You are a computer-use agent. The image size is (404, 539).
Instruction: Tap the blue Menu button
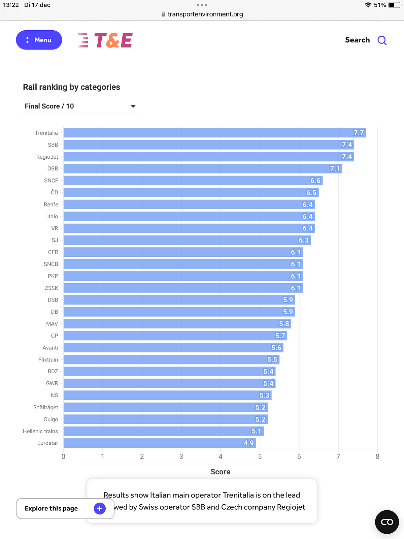click(39, 40)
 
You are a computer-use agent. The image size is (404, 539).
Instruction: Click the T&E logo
click(105, 40)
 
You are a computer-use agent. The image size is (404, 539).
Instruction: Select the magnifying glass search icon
click(382, 40)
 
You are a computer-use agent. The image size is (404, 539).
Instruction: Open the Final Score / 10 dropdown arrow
click(133, 106)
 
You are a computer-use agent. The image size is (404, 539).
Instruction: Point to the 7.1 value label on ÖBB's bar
click(335, 168)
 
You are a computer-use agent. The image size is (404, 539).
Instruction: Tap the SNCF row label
click(51, 181)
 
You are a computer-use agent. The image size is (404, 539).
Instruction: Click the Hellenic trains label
click(40, 431)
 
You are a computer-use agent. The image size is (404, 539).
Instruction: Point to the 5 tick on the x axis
click(260, 456)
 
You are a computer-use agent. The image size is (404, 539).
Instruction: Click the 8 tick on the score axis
click(377, 456)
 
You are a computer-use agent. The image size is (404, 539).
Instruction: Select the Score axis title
click(221, 472)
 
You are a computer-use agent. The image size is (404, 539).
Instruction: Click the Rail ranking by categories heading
click(71, 87)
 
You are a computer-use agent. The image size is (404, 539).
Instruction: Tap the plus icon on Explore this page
click(100, 508)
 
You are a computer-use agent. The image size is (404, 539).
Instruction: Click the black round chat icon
click(387, 522)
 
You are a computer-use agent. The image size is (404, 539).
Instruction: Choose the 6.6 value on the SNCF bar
click(315, 181)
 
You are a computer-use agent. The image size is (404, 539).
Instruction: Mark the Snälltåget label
click(46, 407)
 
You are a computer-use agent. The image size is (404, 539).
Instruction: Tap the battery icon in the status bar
click(394, 5)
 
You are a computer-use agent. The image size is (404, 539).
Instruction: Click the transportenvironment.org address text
click(205, 14)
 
